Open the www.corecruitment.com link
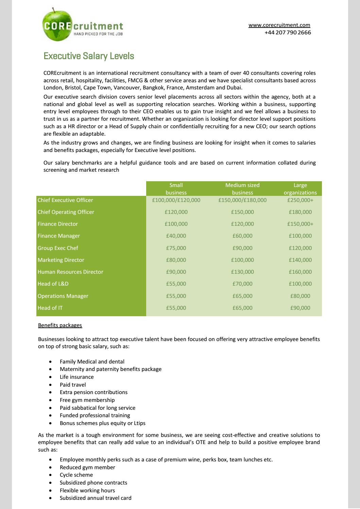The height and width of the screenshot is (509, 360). [x=279, y=25]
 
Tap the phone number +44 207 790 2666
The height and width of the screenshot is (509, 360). [x=288, y=33]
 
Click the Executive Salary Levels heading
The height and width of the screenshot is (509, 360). [x=89, y=56]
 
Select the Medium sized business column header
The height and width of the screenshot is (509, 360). [x=242, y=189]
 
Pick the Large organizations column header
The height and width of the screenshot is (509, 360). [x=300, y=189]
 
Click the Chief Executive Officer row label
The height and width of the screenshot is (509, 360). [x=65, y=200]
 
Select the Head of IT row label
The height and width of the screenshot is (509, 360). [x=50, y=308]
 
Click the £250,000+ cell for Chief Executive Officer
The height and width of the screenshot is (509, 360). [x=300, y=200]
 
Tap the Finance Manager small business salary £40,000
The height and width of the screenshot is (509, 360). [x=176, y=236]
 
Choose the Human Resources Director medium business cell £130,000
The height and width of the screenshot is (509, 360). [x=242, y=272]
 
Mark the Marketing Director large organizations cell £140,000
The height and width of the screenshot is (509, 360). [x=300, y=260]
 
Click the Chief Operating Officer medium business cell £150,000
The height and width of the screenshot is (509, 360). [x=242, y=212]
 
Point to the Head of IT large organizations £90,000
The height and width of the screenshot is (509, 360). [x=300, y=308]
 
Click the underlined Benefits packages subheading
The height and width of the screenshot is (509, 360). [x=60, y=325]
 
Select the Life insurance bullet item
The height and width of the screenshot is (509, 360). [x=76, y=377]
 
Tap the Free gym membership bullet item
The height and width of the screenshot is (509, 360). [x=87, y=400]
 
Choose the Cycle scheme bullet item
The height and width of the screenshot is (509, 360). [x=76, y=475]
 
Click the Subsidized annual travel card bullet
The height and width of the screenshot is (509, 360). [x=96, y=498]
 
